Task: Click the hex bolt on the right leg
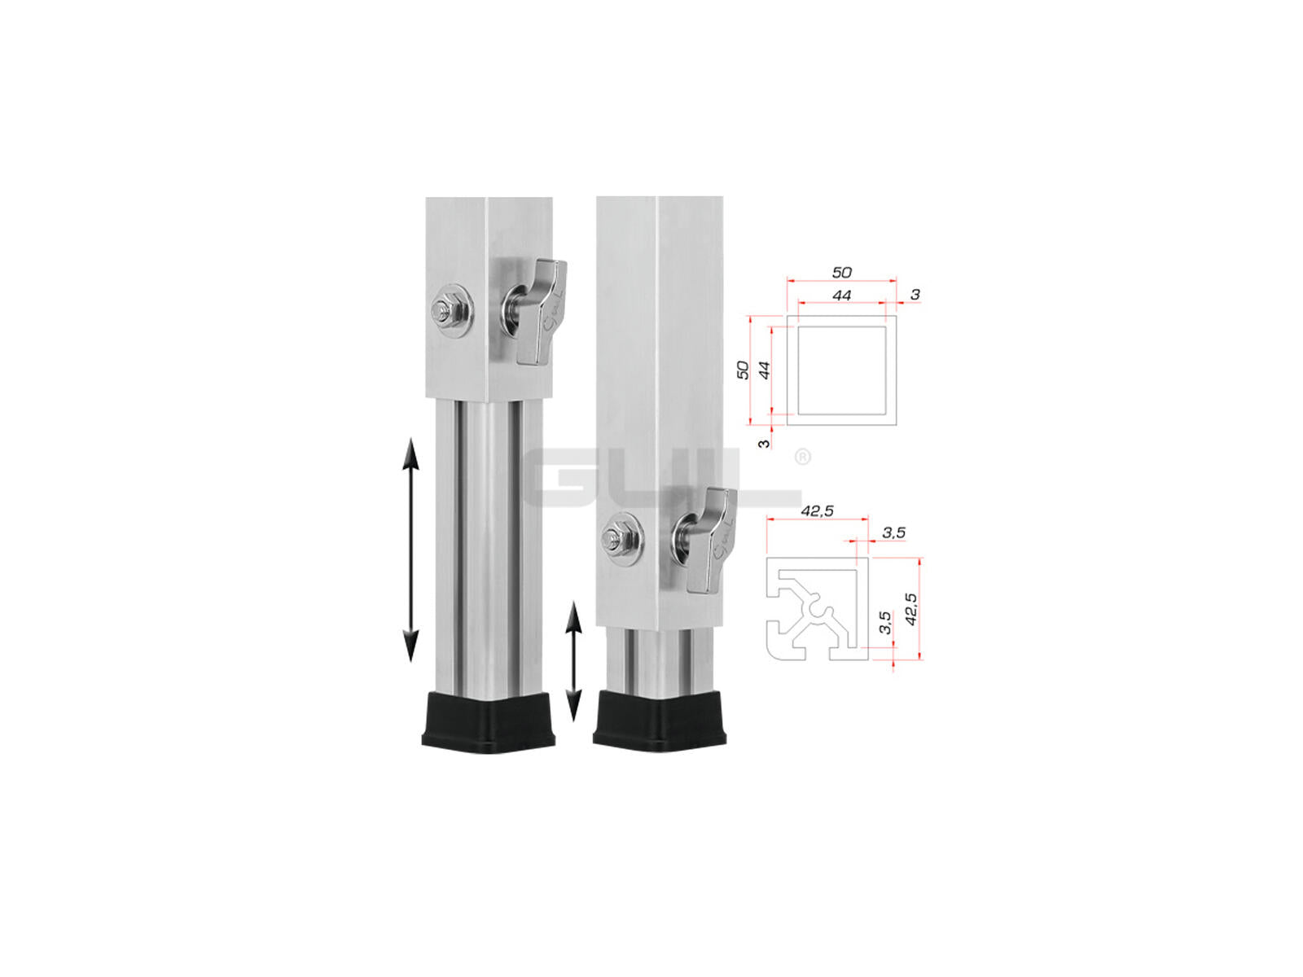pyautogui.click(x=621, y=539)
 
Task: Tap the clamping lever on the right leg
pyautogui.click(x=708, y=542)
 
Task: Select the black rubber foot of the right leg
pyautogui.click(x=660, y=719)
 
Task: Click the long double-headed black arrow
pyautogui.click(x=410, y=549)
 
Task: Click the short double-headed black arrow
pyautogui.click(x=573, y=661)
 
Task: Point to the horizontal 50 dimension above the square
pyautogui.click(x=841, y=272)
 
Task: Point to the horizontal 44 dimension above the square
pyautogui.click(x=841, y=295)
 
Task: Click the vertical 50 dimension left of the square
pyautogui.click(x=743, y=370)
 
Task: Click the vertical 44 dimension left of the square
pyautogui.click(x=765, y=370)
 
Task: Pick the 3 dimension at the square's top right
pyautogui.click(x=915, y=294)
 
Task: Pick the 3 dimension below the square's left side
pyautogui.click(x=764, y=443)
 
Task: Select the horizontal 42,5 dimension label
pyautogui.click(x=817, y=511)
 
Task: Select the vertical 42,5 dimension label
pyautogui.click(x=912, y=609)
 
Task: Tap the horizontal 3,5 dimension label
pyautogui.click(x=893, y=532)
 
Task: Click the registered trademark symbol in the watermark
pyautogui.click(x=802, y=458)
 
